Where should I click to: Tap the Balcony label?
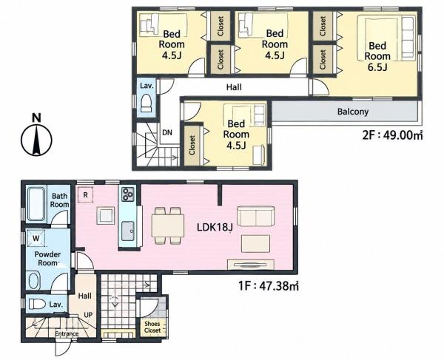(x=353, y=112)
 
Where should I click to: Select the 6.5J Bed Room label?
(x=377, y=56)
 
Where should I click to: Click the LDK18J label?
(x=215, y=227)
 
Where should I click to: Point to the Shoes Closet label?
(x=152, y=327)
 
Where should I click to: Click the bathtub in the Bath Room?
(x=36, y=203)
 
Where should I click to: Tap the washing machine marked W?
(x=36, y=238)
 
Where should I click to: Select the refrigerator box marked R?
(x=85, y=195)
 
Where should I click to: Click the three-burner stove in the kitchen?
(x=128, y=194)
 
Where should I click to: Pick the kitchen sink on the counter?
(x=128, y=231)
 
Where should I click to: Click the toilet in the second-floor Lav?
(x=147, y=103)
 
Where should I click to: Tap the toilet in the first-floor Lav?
(x=38, y=305)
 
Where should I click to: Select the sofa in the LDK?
(x=256, y=217)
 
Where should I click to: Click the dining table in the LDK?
(x=168, y=225)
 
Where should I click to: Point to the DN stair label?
(x=167, y=132)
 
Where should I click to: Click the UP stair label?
(x=88, y=315)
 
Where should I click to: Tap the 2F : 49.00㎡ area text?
(x=392, y=135)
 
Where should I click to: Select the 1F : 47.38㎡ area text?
(x=269, y=286)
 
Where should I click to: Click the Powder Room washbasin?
(x=33, y=280)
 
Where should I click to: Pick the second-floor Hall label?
(x=234, y=87)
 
